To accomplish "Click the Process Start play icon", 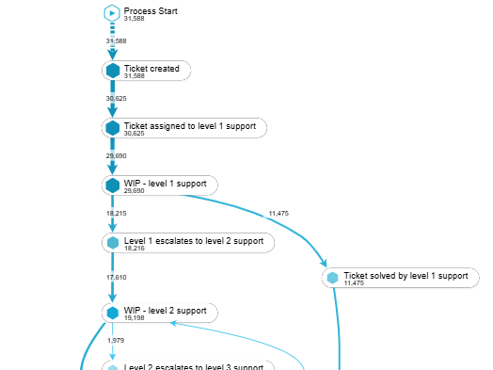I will [112, 13].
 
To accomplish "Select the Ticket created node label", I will [151, 68].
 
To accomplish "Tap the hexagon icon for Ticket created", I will [113, 71].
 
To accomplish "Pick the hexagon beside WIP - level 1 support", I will [113, 185].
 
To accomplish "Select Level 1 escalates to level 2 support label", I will [194, 240].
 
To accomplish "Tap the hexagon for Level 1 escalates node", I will [113, 243].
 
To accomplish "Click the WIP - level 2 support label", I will [165, 310].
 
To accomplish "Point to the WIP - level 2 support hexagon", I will [113, 313].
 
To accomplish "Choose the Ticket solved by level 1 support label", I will [406, 276].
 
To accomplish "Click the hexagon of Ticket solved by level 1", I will [331, 279].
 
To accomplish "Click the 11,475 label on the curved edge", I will [278, 214].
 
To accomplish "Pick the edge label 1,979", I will [116, 340].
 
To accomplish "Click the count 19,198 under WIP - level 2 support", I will [135, 319].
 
